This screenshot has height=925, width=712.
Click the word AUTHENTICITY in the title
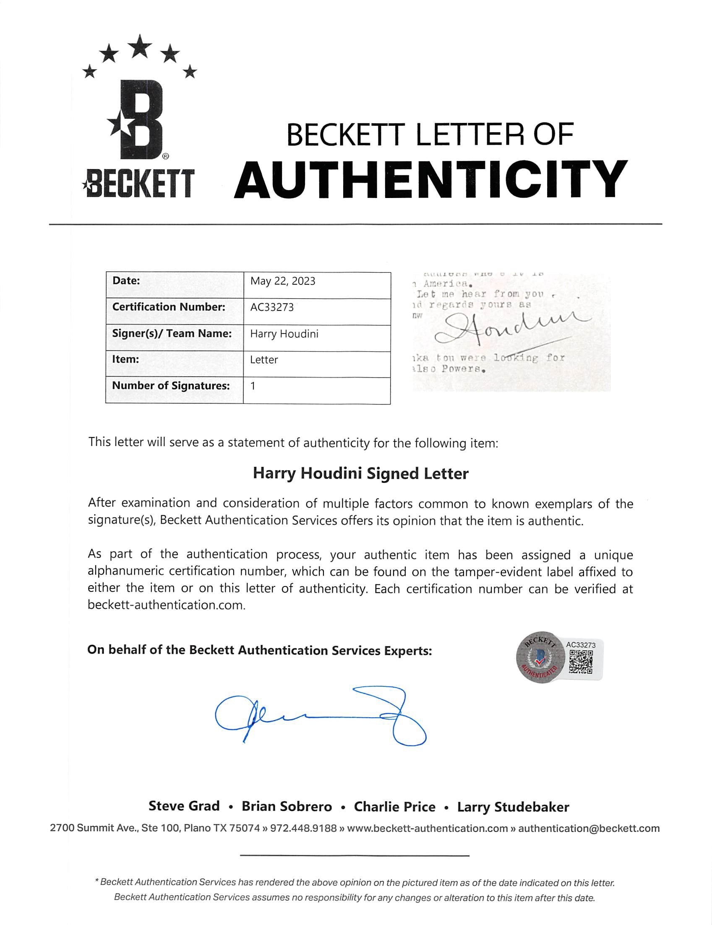point(430,179)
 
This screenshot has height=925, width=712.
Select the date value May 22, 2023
point(282,281)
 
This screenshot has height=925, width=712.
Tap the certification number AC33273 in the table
point(271,307)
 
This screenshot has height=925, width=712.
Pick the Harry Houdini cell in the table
point(284,334)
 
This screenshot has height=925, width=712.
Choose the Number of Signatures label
point(171,386)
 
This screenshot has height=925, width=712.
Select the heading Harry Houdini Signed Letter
point(360,473)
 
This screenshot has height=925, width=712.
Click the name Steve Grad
point(184,806)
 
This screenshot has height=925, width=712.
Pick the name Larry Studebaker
point(513,807)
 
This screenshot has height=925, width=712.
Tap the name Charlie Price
point(394,807)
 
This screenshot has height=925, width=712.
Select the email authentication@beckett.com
point(589,828)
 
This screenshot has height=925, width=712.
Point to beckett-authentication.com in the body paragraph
point(166,605)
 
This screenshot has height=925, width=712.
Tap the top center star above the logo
point(140,45)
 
